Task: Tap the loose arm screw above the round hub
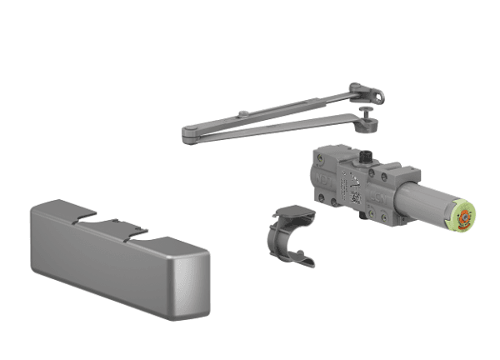pyautogui.click(x=366, y=110)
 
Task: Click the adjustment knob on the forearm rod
pyautogui.click(x=241, y=113)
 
